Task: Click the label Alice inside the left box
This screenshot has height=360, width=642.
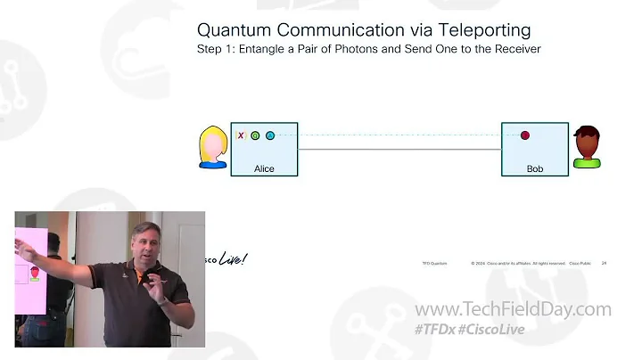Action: (x=264, y=168)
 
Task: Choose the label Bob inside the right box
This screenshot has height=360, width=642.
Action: (x=535, y=168)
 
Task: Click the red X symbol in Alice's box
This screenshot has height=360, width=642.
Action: (x=241, y=135)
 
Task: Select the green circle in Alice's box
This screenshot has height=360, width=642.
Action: (x=255, y=135)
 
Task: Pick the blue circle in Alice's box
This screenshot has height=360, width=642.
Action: (x=270, y=135)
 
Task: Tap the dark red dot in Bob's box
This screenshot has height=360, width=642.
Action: (x=525, y=135)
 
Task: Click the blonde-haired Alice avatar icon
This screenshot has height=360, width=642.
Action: (x=213, y=147)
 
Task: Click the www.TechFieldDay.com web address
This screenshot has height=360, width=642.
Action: (x=514, y=310)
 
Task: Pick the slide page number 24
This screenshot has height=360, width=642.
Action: (x=604, y=264)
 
